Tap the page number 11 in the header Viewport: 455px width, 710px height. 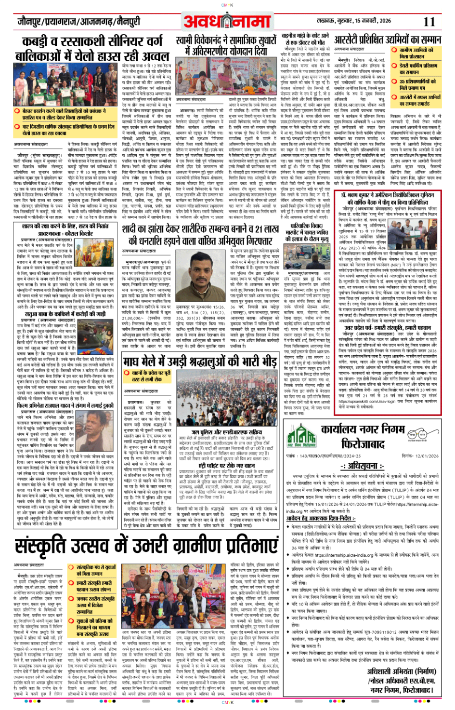tap(429, 22)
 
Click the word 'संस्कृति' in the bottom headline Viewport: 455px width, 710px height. tap(51, 546)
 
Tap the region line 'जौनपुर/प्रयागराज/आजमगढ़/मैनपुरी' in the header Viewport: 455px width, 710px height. tap(78, 22)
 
